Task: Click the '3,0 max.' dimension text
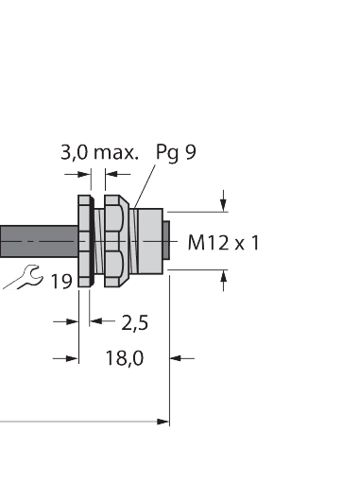(x=99, y=152)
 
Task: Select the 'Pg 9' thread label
(x=176, y=152)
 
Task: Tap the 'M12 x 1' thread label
(x=223, y=243)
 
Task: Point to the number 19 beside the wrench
(x=61, y=281)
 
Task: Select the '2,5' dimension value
(x=135, y=322)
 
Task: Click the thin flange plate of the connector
(x=83, y=240)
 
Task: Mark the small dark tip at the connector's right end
(x=165, y=240)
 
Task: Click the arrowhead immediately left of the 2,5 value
(x=99, y=321)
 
